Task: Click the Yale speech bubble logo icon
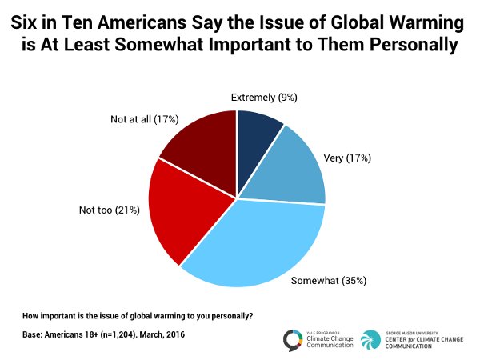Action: point(294,340)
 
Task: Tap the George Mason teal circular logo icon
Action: point(370,340)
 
